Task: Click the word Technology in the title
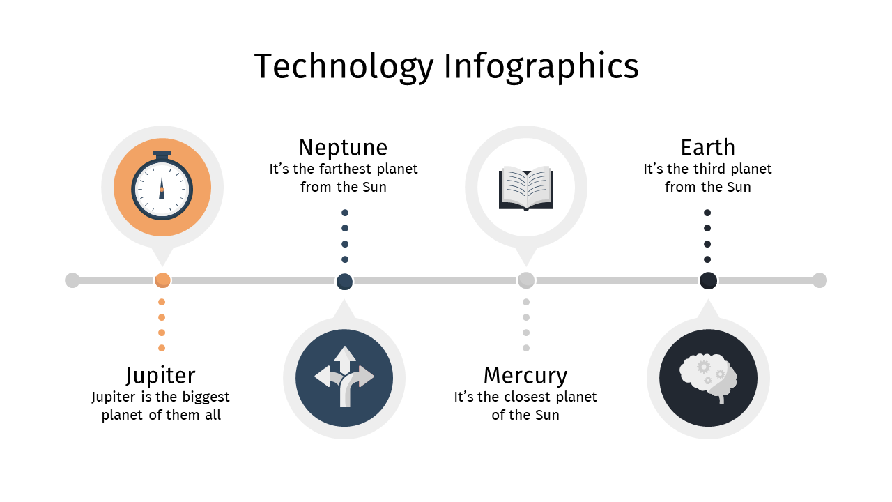tap(344, 67)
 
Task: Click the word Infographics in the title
tap(541, 67)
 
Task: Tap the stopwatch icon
tap(162, 185)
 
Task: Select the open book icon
tap(526, 188)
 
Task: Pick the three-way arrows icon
tap(344, 376)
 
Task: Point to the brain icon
tap(708, 378)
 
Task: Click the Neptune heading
tap(344, 147)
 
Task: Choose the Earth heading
tap(707, 147)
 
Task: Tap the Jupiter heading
tap(161, 376)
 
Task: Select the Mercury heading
tap(525, 376)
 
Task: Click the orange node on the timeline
tap(162, 280)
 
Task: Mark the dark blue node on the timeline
tap(344, 281)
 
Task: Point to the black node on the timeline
tap(708, 280)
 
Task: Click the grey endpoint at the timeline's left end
tap(72, 280)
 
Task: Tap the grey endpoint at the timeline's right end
tap(820, 280)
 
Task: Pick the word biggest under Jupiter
tap(206, 397)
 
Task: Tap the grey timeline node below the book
tap(526, 280)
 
